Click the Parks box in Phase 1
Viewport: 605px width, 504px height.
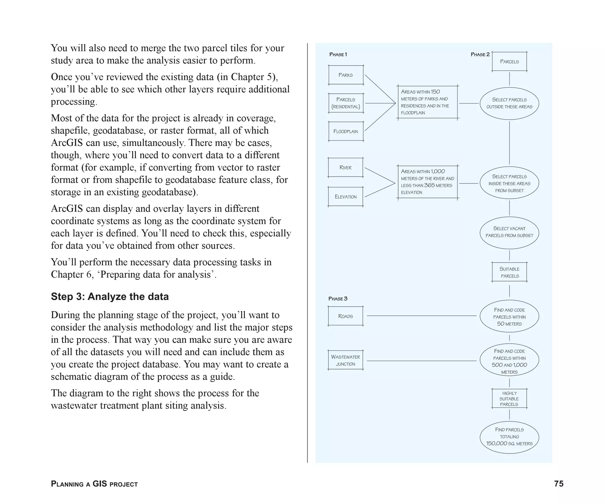click(346, 75)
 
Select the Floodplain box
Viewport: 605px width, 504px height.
click(346, 131)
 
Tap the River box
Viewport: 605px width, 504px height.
click(346, 167)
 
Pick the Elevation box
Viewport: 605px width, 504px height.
click(346, 197)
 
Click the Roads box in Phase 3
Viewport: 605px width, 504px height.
click(346, 316)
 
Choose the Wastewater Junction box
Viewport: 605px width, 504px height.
click(346, 360)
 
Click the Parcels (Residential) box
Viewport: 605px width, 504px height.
click(346, 103)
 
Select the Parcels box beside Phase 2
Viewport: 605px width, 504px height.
click(509, 62)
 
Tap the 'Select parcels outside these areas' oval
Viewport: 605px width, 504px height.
click(509, 103)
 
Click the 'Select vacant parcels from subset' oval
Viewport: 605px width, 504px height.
click(509, 232)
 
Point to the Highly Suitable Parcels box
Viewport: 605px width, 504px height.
click(509, 399)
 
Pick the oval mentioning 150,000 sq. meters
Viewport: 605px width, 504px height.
click(509, 437)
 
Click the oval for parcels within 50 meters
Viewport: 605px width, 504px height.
click(509, 317)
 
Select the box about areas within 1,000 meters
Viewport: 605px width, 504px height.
click(427, 182)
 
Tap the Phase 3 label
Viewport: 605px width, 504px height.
click(338, 299)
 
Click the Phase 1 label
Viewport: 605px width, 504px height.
click(338, 55)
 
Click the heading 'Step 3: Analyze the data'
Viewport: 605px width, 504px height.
click(110, 296)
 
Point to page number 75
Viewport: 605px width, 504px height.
click(559, 484)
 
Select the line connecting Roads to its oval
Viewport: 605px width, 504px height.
click(421, 316)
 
